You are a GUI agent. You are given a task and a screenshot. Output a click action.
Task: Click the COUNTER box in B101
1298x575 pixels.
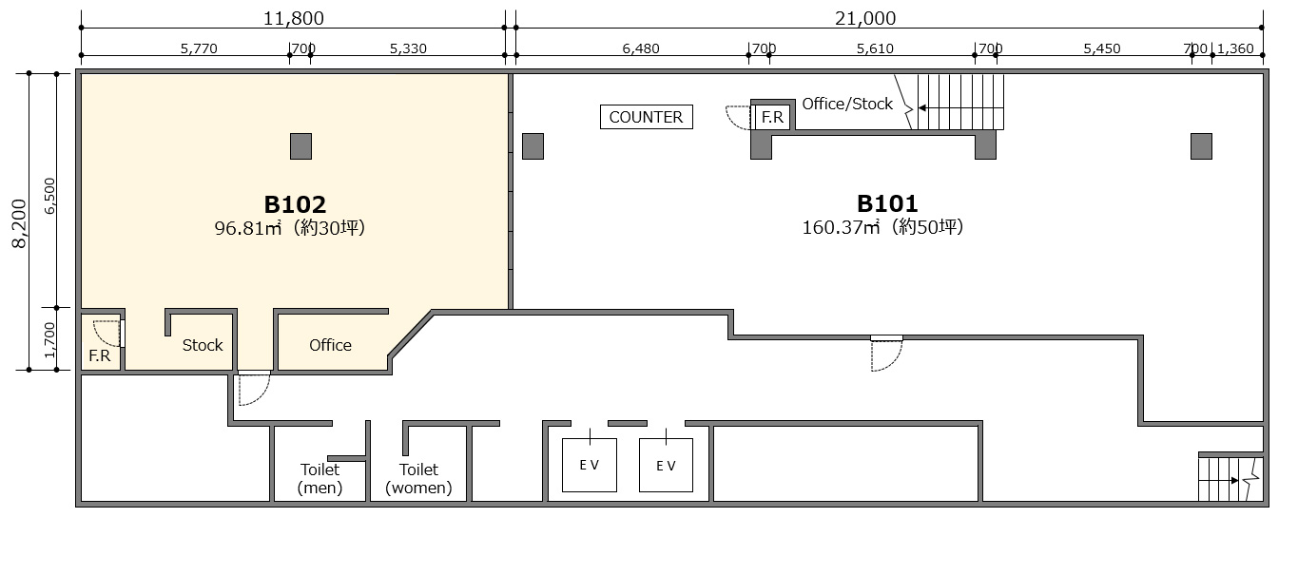(x=646, y=117)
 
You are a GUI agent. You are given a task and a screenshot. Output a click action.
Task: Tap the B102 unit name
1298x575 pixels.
(x=295, y=204)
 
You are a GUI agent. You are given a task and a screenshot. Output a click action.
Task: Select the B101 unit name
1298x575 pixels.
(x=887, y=203)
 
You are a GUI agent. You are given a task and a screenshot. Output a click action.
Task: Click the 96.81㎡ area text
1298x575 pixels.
(x=247, y=228)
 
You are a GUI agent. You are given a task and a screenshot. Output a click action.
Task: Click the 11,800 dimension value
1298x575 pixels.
(x=294, y=18)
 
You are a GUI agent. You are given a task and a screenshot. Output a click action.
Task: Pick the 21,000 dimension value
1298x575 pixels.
(x=865, y=18)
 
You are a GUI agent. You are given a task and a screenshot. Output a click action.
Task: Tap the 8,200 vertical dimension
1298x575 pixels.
(x=20, y=223)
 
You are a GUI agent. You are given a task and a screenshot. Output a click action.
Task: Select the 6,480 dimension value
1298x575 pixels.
(x=641, y=48)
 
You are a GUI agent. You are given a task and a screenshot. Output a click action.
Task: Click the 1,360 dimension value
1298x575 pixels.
(x=1235, y=48)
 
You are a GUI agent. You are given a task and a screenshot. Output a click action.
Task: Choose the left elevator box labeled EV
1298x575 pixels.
(x=590, y=465)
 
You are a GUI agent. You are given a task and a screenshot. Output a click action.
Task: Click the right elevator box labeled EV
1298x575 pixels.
(x=666, y=465)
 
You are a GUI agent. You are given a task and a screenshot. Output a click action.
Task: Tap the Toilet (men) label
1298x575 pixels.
(x=320, y=478)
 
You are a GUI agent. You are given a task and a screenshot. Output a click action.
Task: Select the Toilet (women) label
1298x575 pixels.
(x=418, y=478)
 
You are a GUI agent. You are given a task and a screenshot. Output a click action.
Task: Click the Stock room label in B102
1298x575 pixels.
(x=203, y=345)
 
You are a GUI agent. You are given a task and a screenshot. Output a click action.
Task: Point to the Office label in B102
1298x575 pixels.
(x=330, y=345)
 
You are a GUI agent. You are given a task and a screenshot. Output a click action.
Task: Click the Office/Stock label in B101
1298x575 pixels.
(x=847, y=105)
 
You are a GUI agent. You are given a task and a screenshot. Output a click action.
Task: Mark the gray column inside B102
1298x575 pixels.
(x=300, y=146)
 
